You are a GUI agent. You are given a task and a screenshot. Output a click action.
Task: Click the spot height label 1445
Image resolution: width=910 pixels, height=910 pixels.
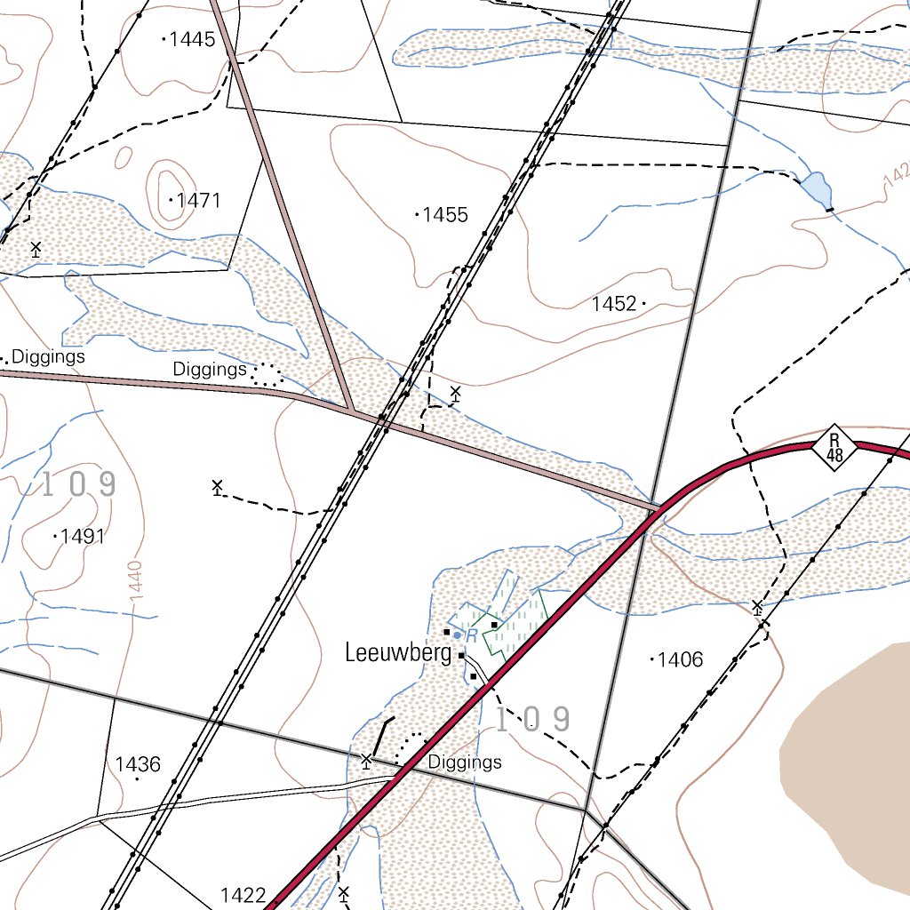coord(192,39)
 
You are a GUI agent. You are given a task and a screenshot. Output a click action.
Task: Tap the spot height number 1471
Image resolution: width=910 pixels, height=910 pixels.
coord(198,200)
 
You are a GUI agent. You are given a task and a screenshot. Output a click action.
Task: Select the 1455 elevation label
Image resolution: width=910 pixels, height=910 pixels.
coord(445,215)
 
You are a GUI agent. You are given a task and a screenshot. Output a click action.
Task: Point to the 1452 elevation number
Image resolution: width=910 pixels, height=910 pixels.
coord(614,305)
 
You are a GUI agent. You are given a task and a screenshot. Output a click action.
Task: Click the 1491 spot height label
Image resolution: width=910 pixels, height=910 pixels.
coord(84,537)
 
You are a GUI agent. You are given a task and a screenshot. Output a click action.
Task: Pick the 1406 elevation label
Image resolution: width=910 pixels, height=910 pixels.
coord(681,659)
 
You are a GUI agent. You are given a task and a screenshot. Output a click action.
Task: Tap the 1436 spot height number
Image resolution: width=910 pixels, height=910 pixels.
coord(138,764)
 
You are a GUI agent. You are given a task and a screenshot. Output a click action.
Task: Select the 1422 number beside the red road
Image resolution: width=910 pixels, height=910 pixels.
coord(243,895)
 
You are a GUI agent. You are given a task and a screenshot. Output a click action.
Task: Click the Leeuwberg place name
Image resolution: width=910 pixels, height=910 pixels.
coord(398,654)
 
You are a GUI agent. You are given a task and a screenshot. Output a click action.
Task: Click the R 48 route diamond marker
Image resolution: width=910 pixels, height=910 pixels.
coord(834,448)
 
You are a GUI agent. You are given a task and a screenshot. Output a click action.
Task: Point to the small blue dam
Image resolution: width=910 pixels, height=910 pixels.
coord(816,188)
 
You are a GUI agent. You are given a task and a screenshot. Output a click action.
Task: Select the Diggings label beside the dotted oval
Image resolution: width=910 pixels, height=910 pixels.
coord(210,369)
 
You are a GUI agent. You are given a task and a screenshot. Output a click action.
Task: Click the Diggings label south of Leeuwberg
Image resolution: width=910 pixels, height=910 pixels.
coord(464,762)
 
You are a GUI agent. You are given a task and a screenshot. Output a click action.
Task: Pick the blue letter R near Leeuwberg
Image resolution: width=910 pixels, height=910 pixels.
coord(473,635)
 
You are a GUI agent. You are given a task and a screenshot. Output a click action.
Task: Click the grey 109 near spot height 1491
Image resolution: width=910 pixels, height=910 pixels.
coord(78,484)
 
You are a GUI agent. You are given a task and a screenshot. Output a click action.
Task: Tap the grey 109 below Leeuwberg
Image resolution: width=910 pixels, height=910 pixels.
coord(531,720)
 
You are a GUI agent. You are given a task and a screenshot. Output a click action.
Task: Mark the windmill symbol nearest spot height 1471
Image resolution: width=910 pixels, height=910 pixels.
coord(36,249)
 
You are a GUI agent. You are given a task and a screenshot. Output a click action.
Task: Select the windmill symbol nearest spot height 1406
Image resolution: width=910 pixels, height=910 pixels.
coord(757,608)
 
